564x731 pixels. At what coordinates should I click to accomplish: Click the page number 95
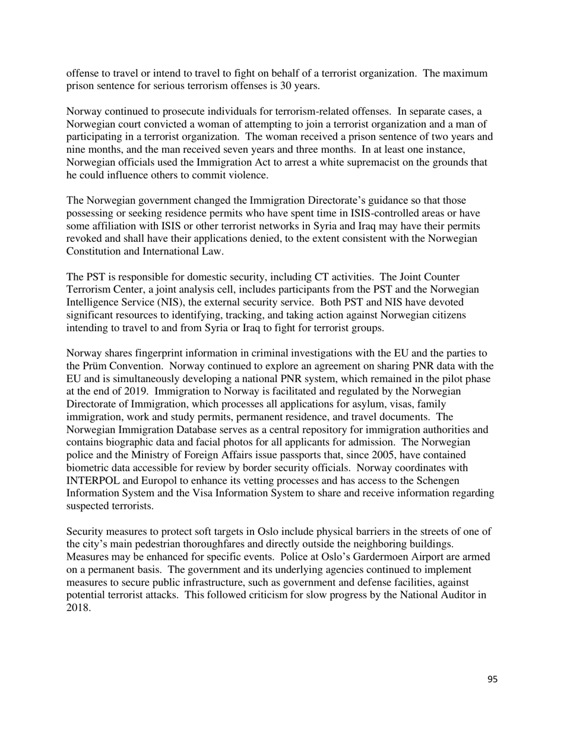point(492,679)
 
